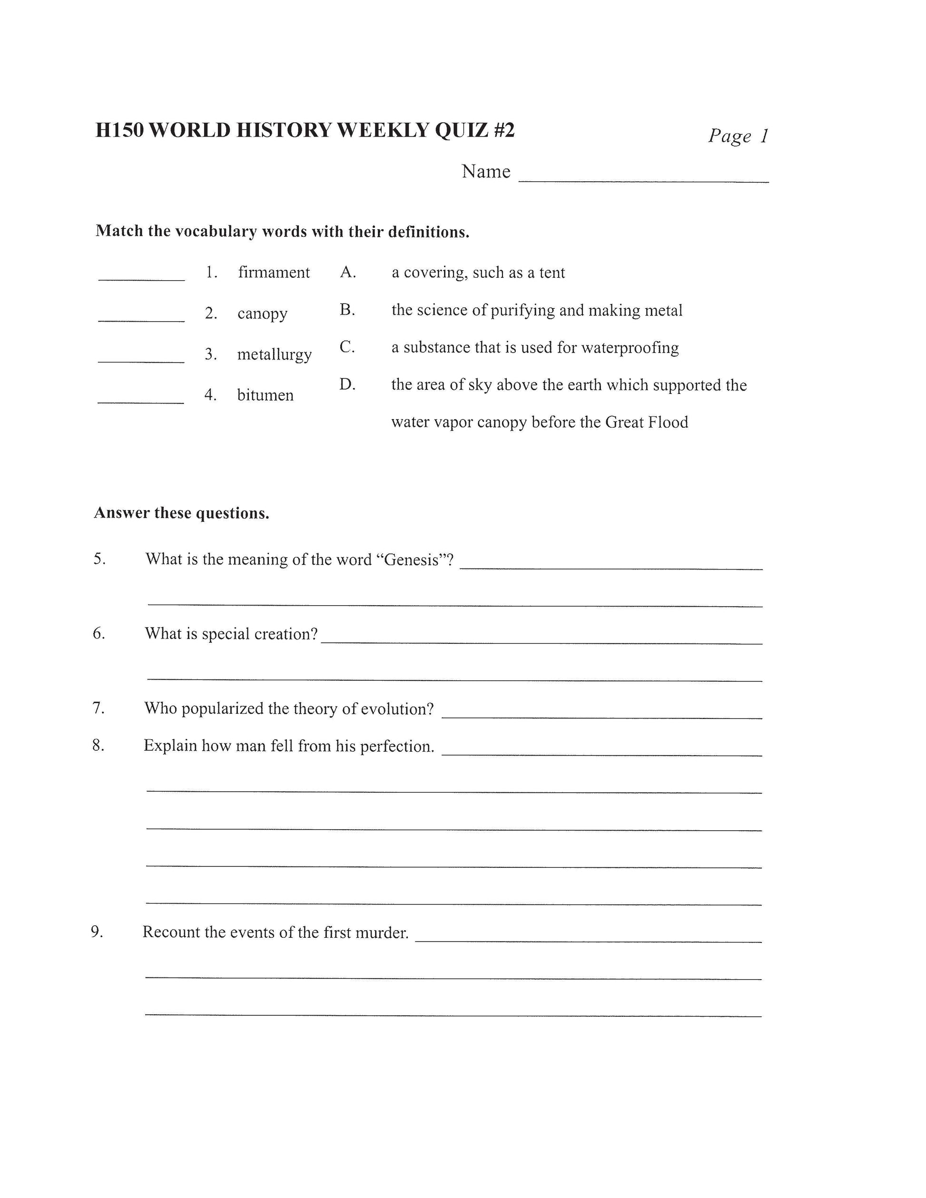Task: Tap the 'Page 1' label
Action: (738, 136)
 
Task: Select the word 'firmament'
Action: (274, 273)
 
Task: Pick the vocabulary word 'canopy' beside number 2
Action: (262, 314)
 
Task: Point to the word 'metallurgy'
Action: (274, 354)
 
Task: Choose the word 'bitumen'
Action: (265, 395)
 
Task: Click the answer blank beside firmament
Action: (141, 279)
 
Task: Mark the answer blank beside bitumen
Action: (140, 402)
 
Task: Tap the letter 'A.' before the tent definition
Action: (348, 272)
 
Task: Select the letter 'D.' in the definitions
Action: (347, 384)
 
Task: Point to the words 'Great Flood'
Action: (646, 422)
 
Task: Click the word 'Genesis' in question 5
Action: (413, 560)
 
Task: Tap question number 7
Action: (98, 708)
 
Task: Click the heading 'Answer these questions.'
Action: (182, 513)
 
